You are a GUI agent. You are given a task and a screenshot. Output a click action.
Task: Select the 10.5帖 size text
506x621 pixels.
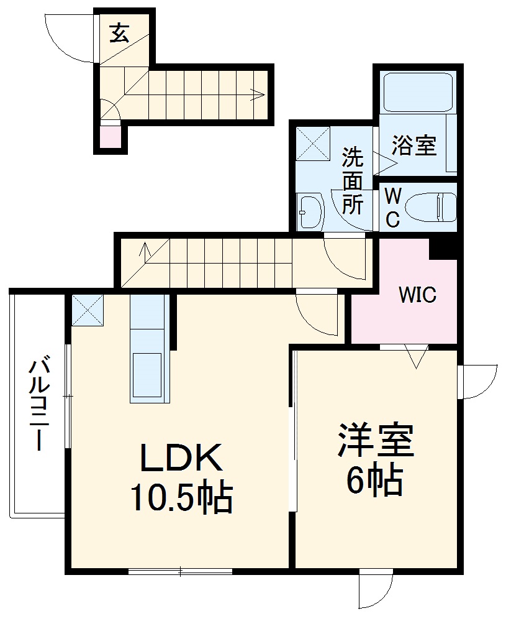click(x=181, y=499)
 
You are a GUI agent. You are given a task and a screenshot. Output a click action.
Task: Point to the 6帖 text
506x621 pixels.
click(x=374, y=480)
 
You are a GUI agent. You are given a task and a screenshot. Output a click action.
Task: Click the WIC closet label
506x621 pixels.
click(x=417, y=295)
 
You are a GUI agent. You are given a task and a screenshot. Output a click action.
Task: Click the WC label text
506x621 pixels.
click(x=392, y=208)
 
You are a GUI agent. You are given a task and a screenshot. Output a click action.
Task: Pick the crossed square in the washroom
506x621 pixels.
click(x=312, y=144)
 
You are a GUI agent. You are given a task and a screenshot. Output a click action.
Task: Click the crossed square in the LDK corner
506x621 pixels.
click(x=88, y=310)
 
